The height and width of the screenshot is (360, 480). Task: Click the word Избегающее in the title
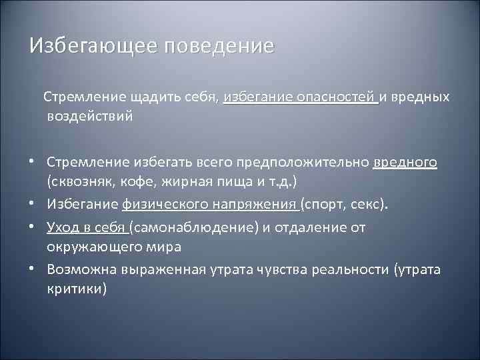[91, 47]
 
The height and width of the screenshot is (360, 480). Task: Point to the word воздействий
[90, 116]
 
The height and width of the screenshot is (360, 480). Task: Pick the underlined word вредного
[405, 162]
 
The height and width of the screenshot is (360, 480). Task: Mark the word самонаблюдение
[196, 227]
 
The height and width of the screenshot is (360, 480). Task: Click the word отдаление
[315, 227]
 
